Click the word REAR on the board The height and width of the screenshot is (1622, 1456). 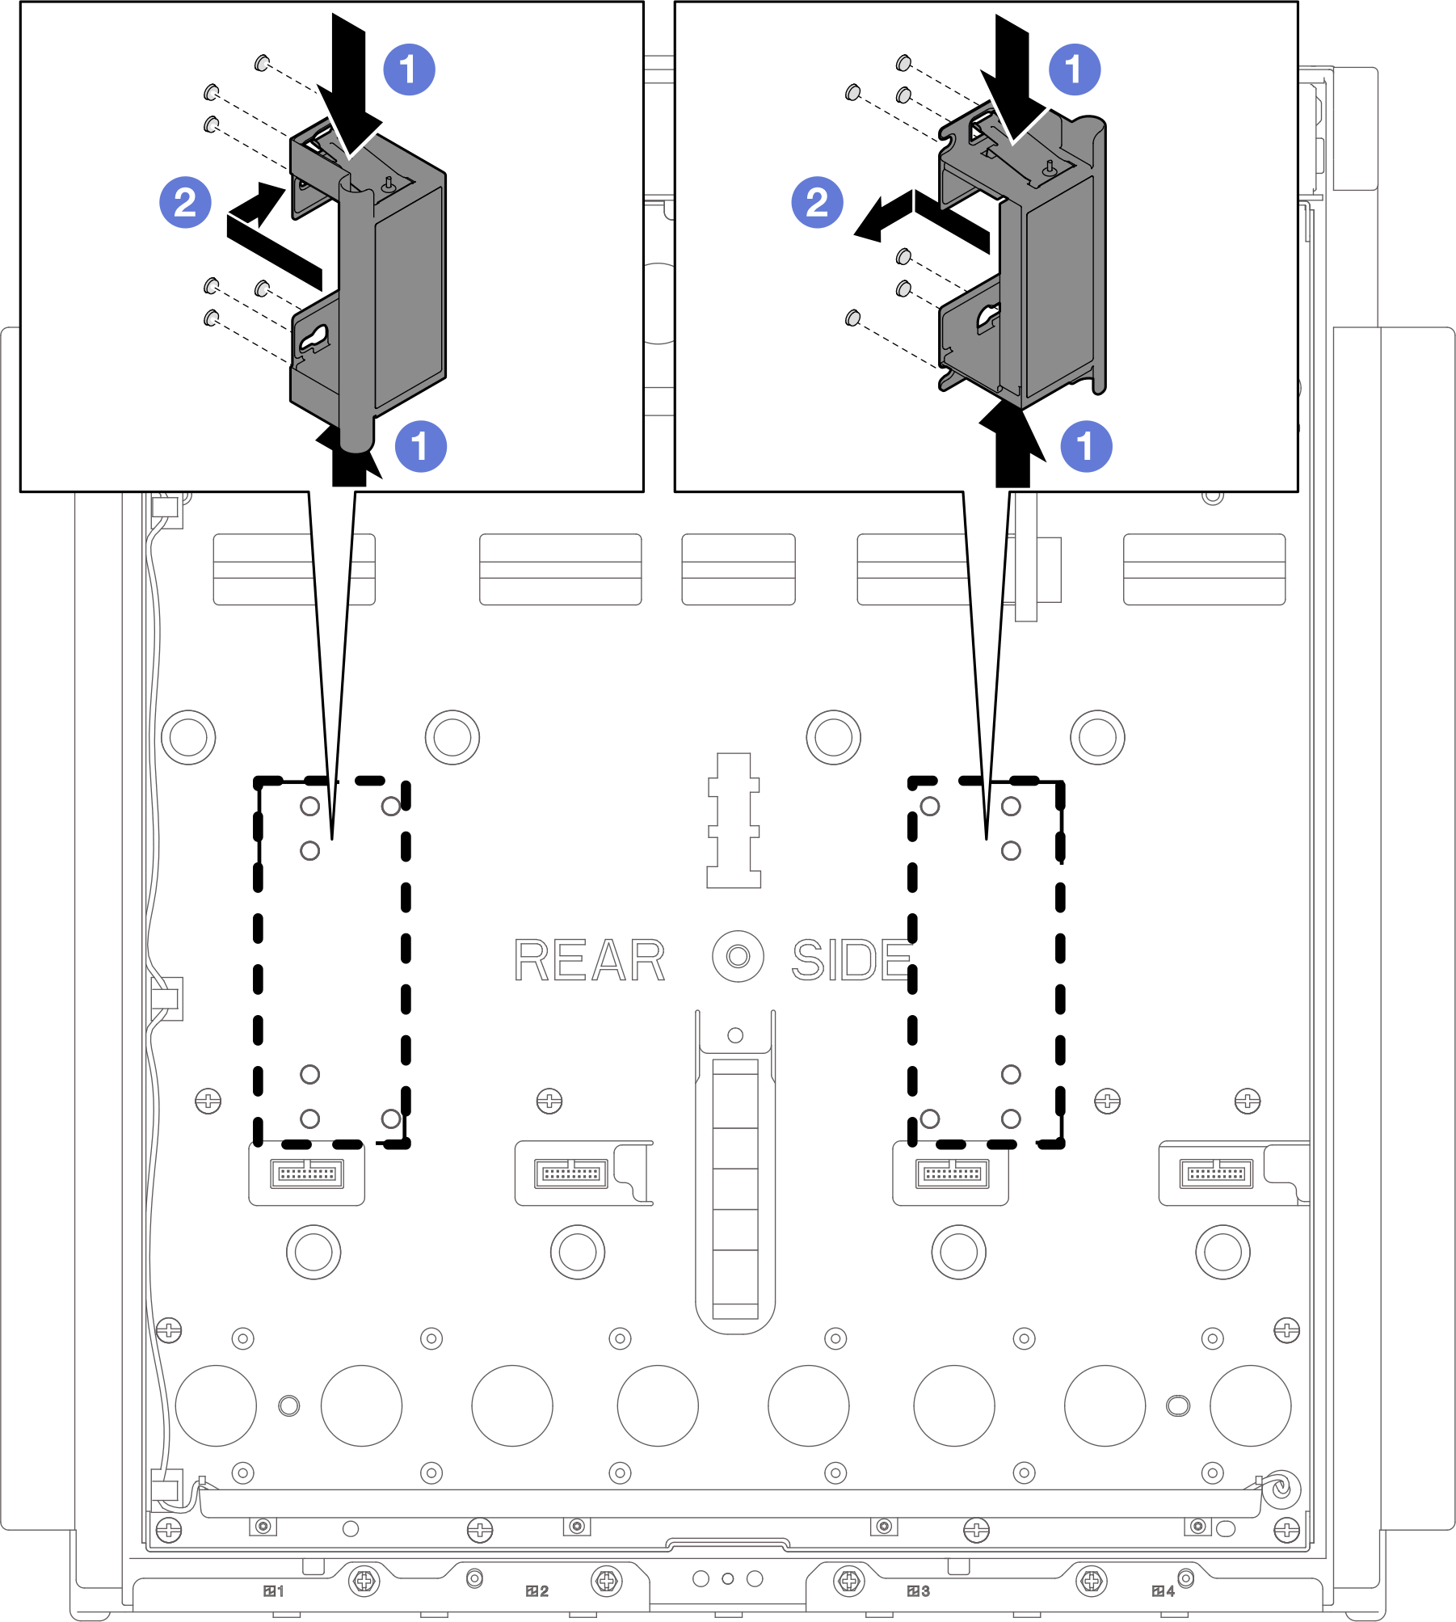590,960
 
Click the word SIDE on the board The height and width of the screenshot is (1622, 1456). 852,960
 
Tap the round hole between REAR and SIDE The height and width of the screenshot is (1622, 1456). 738,957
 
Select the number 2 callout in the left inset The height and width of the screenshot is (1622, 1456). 185,202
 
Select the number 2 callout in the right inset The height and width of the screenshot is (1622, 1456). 817,202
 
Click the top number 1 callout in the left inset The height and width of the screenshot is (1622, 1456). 409,70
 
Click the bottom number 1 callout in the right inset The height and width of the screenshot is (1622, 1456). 1086,446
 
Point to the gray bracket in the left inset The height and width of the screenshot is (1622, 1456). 368,283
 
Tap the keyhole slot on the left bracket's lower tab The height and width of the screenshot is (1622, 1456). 314,339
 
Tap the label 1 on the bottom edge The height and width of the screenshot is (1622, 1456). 274,1591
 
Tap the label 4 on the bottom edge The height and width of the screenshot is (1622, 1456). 1164,1591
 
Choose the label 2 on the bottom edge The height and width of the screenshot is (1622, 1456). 537,1591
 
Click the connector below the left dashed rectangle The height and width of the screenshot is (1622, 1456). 307,1173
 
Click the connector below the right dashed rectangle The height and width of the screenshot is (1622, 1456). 952,1173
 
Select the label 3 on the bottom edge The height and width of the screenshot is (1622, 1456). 919,1591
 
